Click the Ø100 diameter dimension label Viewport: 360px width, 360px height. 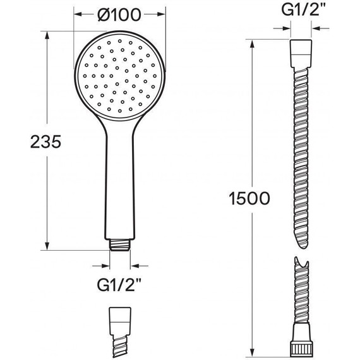tap(119, 15)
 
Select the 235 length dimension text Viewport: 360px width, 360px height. tap(46, 141)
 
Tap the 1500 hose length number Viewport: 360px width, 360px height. tap(249, 198)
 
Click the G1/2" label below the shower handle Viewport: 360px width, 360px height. tap(119, 285)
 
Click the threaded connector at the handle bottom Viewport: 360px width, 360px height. tap(120, 245)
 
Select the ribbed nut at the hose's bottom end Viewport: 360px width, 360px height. tap(301, 349)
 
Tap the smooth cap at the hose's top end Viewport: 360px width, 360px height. tap(301, 54)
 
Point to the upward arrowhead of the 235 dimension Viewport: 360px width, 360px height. tap(47, 35)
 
